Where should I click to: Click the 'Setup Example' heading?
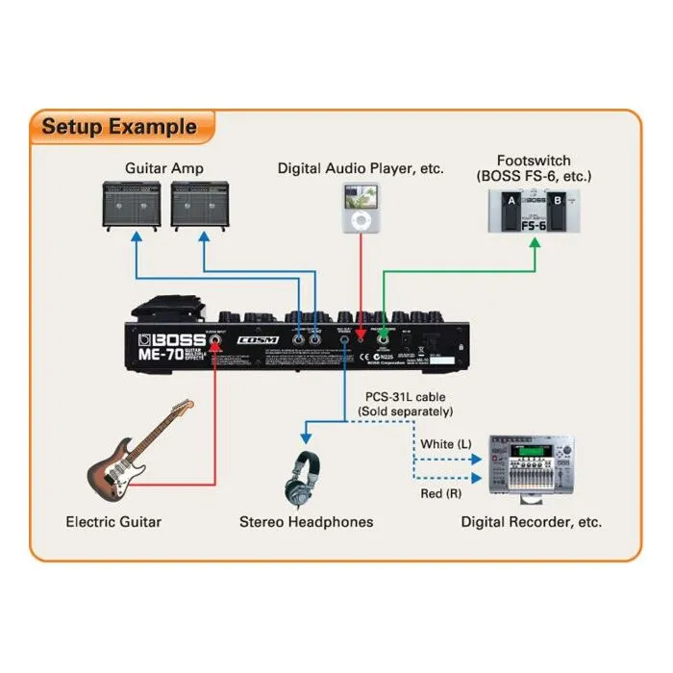point(119,126)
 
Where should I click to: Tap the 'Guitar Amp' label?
point(164,168)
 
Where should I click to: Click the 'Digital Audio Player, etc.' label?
point(361,168)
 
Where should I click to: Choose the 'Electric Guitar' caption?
point(113,522)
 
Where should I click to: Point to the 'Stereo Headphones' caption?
point(306,522)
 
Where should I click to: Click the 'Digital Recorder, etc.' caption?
point(532,522)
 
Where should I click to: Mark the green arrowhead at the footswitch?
point(536,244)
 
